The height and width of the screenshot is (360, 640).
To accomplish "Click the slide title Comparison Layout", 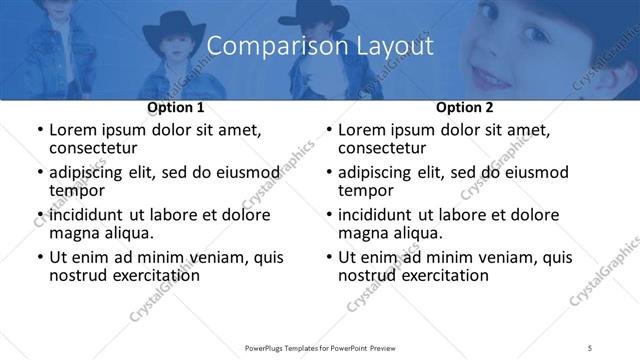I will (319, 46).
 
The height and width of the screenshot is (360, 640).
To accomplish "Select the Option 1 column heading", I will (175, 107).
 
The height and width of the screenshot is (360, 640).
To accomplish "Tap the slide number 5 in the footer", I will (591, 349).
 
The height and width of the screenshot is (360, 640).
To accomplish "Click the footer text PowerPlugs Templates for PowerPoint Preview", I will (319, 349).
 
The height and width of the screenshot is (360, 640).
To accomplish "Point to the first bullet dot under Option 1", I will (39, 130).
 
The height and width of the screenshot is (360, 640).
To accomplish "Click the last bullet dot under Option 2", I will (328, 257).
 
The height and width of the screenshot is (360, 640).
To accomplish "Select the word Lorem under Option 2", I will (362, 129).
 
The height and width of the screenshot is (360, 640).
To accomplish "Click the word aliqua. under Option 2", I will (417, 234).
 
